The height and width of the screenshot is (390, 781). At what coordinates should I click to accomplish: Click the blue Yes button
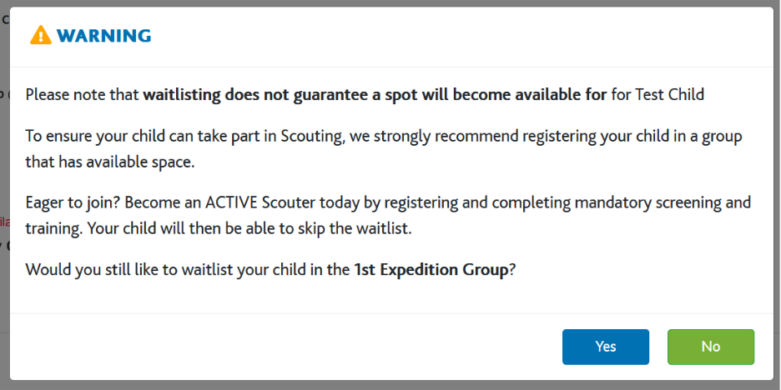pos(606,347)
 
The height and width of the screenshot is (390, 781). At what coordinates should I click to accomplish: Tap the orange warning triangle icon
pos(41,35)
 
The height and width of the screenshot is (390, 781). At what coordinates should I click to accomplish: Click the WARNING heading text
pos(103,36)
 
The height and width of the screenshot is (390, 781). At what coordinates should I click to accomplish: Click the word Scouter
pos(286,203)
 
